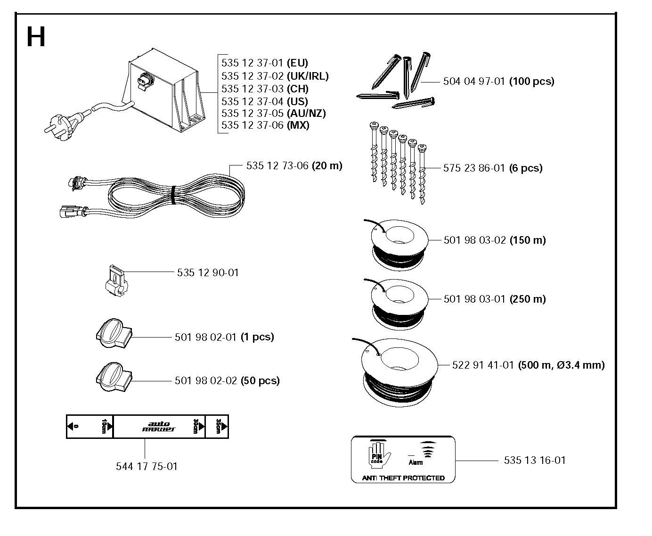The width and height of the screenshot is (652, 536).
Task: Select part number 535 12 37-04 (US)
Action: point(265,101)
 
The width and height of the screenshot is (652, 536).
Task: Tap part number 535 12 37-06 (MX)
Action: point(265,125)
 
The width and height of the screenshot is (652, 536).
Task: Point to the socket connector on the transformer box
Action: point(145,82)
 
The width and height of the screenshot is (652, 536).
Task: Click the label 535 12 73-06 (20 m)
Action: point(294,166)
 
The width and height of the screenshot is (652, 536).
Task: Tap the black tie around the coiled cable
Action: point(173,195)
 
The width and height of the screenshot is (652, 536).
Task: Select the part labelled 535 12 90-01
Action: point(116,281)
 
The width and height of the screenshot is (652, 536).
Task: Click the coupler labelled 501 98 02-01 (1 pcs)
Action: point(114,333)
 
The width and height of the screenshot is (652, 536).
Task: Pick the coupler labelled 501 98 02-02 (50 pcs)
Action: point(114,377)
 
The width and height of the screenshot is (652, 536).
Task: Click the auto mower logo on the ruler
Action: point(159,427)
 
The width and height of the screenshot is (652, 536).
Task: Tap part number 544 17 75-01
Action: point(147,466)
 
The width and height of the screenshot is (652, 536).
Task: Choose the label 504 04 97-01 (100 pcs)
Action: point(499,82)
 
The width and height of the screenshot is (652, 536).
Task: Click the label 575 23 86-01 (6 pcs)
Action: point(493,168)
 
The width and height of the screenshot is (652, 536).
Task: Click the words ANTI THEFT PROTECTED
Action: point(403,478)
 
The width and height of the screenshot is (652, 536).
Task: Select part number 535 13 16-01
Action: point(535,460)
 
